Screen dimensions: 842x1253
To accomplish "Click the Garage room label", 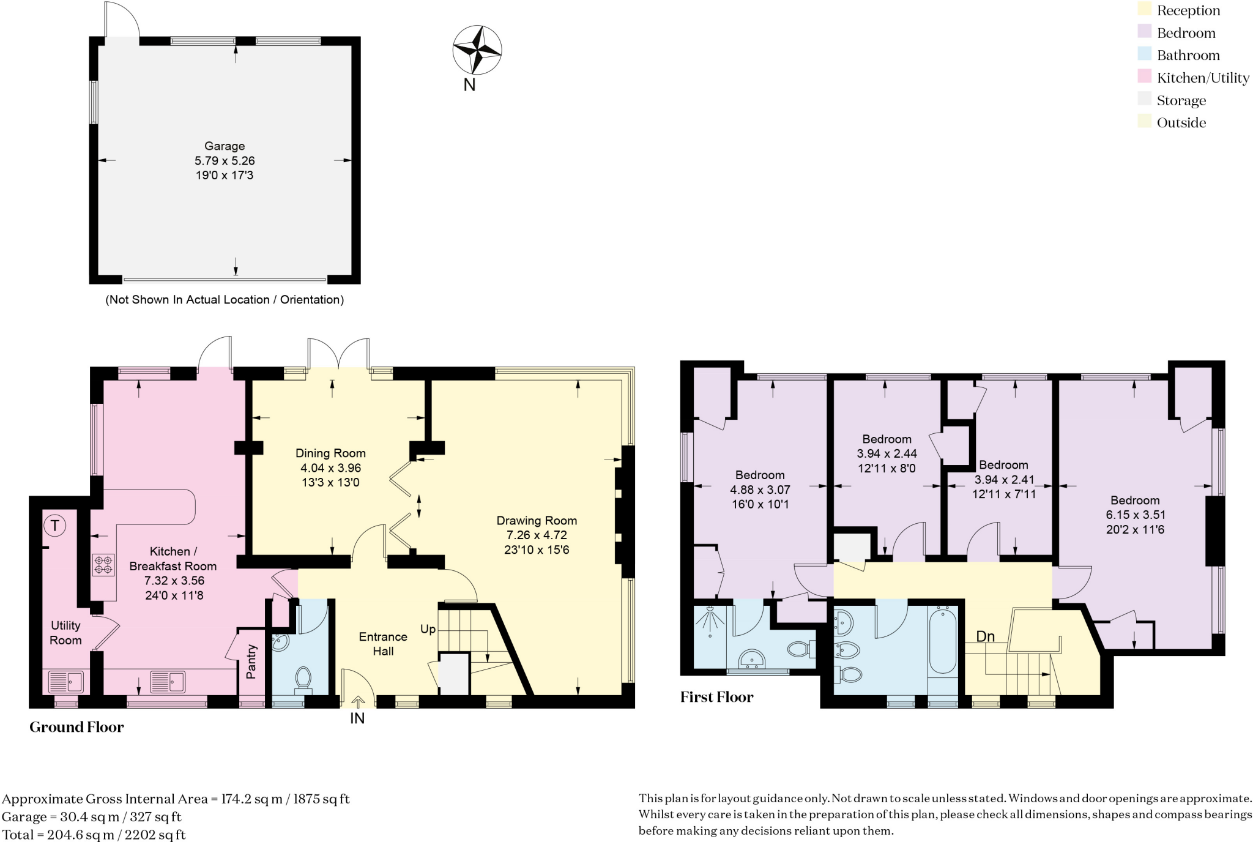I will (x=225, y=146).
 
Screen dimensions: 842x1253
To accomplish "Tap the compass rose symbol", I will (x=477, y=50).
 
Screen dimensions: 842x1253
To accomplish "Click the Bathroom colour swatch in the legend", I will (x=1144, y=54).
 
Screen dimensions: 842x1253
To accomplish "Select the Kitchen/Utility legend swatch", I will (x=1144, y=77).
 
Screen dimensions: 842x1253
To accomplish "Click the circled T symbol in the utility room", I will (x=55, y=525).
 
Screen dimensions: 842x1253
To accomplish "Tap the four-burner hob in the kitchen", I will (x=103, y=564).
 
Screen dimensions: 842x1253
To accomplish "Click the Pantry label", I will (x=251, y=661).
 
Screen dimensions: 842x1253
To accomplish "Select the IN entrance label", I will (x=357, y=718).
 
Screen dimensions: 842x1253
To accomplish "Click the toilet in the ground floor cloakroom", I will (x=303, y=679).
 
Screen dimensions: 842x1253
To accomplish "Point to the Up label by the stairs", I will (x=428, y=629).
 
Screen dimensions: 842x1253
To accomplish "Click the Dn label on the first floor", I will (x=985, y=636).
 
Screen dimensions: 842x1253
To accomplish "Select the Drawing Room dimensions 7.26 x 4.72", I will (x=537, y=535).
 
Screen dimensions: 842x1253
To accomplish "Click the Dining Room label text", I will (x=330, y=453).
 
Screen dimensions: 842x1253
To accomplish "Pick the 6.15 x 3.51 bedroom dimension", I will (x=1135, y=515).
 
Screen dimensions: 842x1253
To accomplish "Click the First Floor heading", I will (x=716, y=697).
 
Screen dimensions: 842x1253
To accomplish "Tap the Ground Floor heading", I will (x=76, y=727).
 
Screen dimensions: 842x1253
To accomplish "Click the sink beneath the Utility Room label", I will (x=66, y=681).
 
